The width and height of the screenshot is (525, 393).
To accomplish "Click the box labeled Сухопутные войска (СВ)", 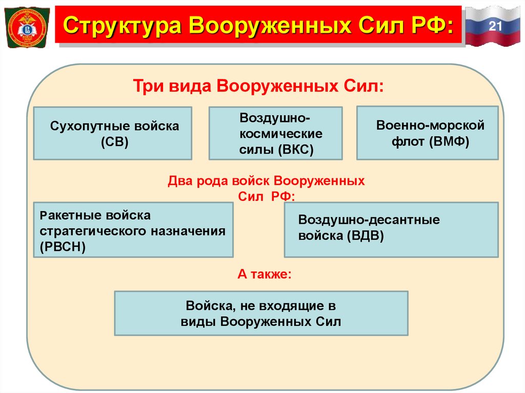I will pyautogui.click(x=113, y=133).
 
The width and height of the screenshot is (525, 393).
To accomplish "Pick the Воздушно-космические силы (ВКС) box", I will pyautogui.click(x=275, y=133).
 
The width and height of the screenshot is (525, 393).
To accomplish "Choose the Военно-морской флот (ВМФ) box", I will pyautogui.click(x=427, y=133).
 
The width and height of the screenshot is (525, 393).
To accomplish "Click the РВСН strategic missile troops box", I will pyautogui.click(x=132, y=230).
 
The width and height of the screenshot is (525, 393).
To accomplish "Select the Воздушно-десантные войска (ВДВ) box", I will pyautogui.click(x=391, y=229).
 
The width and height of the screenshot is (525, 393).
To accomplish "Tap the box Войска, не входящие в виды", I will pyautogui.click(x=261, y=314).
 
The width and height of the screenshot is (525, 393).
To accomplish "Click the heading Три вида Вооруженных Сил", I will pyautogui.click(x=259, y=85).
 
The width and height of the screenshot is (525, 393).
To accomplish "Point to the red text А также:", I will pyautogui.click(x=265, y=274).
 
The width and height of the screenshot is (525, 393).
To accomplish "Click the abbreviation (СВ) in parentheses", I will pyautogui.click(x=114, y=141).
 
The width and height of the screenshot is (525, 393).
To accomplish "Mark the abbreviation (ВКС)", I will pyautogui.click(x=296, y=150).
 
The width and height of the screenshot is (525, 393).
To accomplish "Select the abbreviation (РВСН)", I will pyautogui.click(x=63, y=246).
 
